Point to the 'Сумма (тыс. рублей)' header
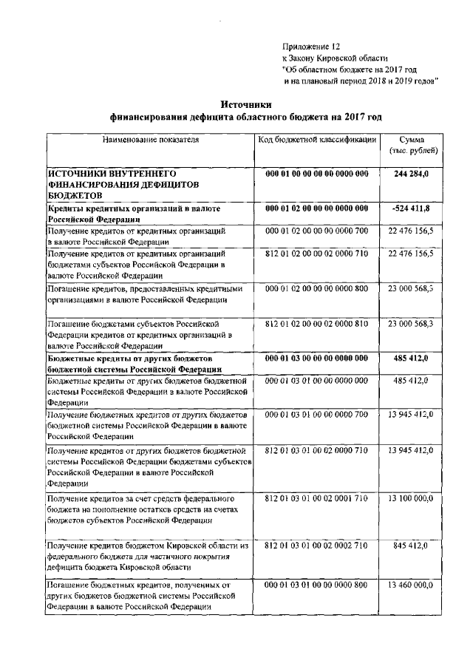coord(412,145)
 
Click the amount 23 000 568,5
coord(411,288)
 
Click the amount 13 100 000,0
coord(411,499)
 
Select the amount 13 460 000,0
coord(411,585)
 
